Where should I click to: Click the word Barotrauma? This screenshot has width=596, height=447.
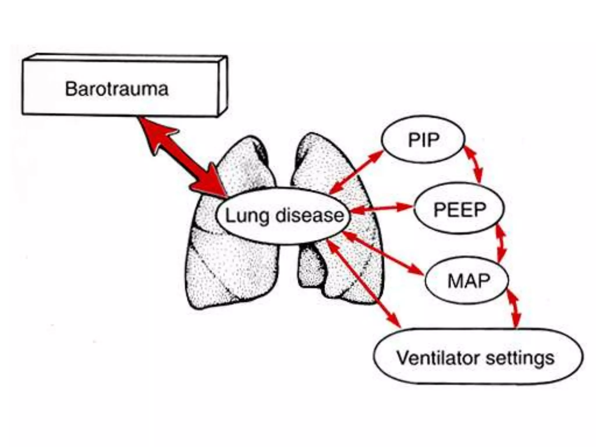click(x=117, y=89)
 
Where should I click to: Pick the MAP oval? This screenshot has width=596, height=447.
click(x=468, y=281)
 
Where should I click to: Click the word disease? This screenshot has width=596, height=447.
click(x=310, y=216)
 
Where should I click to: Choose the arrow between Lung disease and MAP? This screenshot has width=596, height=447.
click(x=383, y=253)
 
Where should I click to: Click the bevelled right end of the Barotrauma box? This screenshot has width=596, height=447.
click(x=223, y=86)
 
